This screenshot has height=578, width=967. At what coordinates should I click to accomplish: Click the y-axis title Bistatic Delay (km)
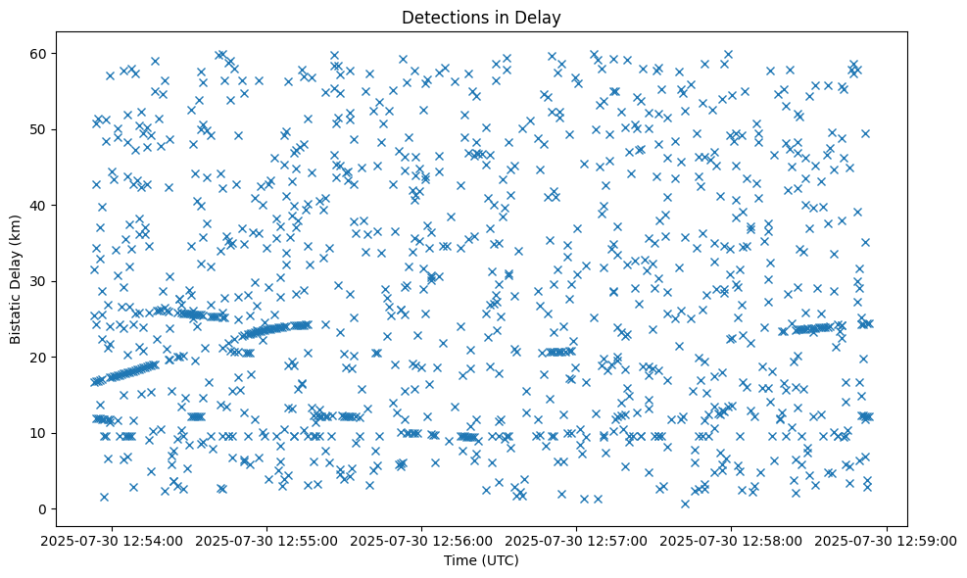pyautogui.click(x=17, y=280)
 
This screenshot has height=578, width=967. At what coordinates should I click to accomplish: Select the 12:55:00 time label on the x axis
pyautogui.click(x=266, y=540)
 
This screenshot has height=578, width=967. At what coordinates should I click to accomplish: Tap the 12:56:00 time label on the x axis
pyautogui.click(x=421, y=540)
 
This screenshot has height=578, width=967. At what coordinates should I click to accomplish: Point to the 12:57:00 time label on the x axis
pyautogui.click(x=577, y=540)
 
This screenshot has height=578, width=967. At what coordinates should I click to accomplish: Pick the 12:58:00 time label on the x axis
pyautogui.click(x=732, y=540)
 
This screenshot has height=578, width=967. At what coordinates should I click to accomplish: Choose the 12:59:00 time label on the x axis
pyautogui.click(x=888, y=540)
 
